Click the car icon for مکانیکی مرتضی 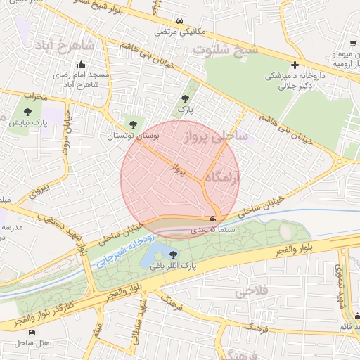[181, 21]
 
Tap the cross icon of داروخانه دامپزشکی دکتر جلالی [294, 65]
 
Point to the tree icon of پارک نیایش [27, 111]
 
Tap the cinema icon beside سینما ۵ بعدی [213, 219]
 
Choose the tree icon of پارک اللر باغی [173, 255]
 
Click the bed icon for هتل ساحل [32, 331]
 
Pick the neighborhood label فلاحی [250, 290]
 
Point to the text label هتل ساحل [32, 342]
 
